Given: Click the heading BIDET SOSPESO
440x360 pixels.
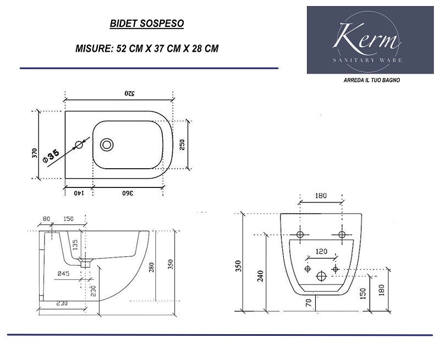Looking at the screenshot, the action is pos(147,23).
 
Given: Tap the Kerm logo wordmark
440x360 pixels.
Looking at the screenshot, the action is pos(366,37).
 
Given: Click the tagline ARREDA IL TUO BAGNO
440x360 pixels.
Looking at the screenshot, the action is pos(372,80).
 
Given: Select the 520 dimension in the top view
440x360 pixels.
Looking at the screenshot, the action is pos(129,93).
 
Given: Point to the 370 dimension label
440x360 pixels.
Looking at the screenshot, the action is pos(35,153).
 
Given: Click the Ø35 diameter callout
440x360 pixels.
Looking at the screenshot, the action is pos(51,156).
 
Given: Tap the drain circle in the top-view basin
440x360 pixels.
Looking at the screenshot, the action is pos(107,145).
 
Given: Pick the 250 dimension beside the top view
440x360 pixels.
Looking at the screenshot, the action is pos(182,145).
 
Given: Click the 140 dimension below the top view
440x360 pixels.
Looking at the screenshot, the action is pos(79,193).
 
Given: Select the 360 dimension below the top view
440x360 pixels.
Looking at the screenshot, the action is pos(128,193).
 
